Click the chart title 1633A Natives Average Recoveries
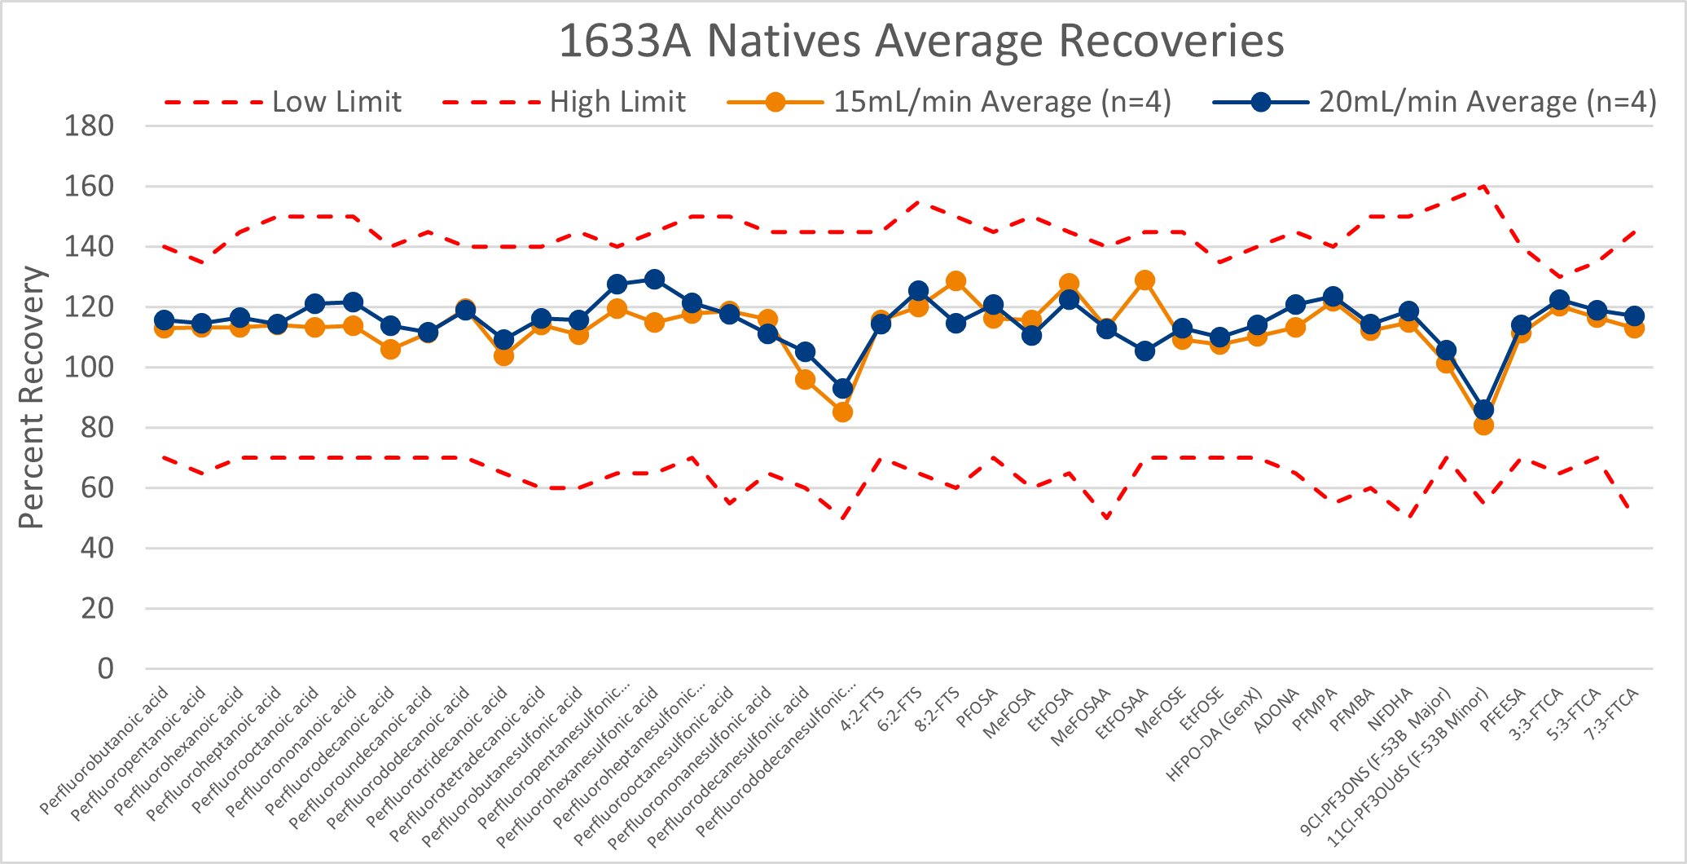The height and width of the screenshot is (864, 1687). point(920,41)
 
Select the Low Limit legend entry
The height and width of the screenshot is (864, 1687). point(336,102)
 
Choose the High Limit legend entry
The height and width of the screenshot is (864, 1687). point(617,102)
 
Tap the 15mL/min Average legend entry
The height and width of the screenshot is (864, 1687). point(1001,102)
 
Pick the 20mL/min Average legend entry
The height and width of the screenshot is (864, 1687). point(1487,102)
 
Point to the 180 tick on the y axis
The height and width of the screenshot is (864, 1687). point(90,126)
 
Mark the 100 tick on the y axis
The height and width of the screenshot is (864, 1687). point(90,368)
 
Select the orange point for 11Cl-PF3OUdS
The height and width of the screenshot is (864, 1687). point(1483,425)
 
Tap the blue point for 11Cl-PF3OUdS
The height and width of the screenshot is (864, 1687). point(1483,409)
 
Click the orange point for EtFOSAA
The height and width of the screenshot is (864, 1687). point(1144,280)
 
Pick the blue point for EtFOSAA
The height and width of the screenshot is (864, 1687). point(1144,351)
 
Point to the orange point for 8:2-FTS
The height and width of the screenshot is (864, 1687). point(956,281)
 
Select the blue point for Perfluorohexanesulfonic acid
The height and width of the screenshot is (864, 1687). point(654,280)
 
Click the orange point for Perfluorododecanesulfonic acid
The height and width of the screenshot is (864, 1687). point(843,412)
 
